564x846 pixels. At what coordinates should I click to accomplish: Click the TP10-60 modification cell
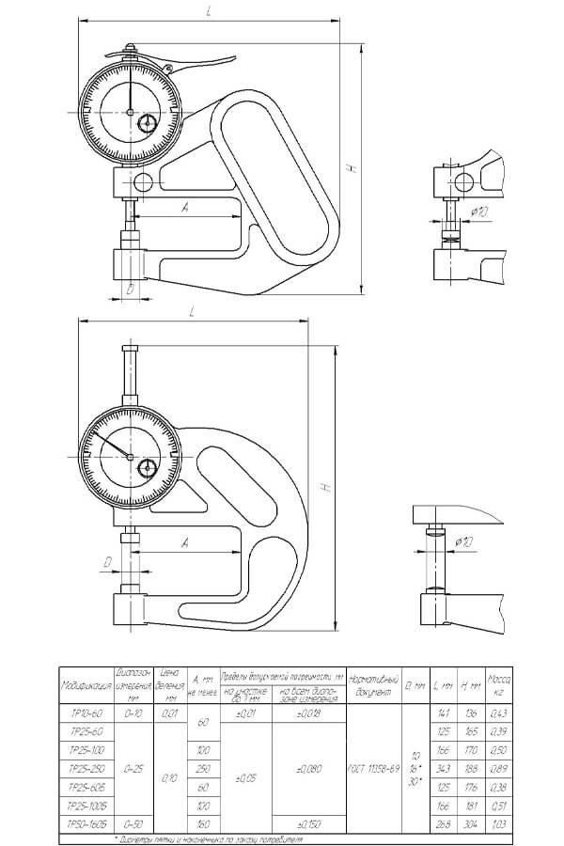pyautogui.click(x=86, y=713)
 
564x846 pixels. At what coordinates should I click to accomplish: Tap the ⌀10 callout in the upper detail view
pyautogui.click(x=478, y=212)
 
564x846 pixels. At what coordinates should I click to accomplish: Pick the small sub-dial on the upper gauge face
pyautogui.click(x=148, y=123)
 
